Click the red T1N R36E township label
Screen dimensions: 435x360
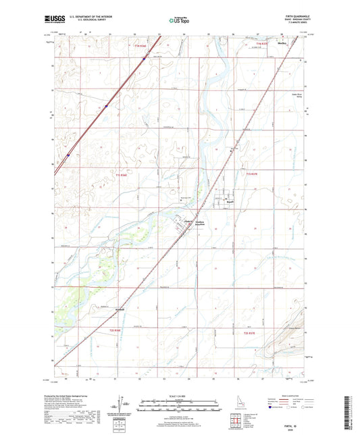(x=140, y=45)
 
